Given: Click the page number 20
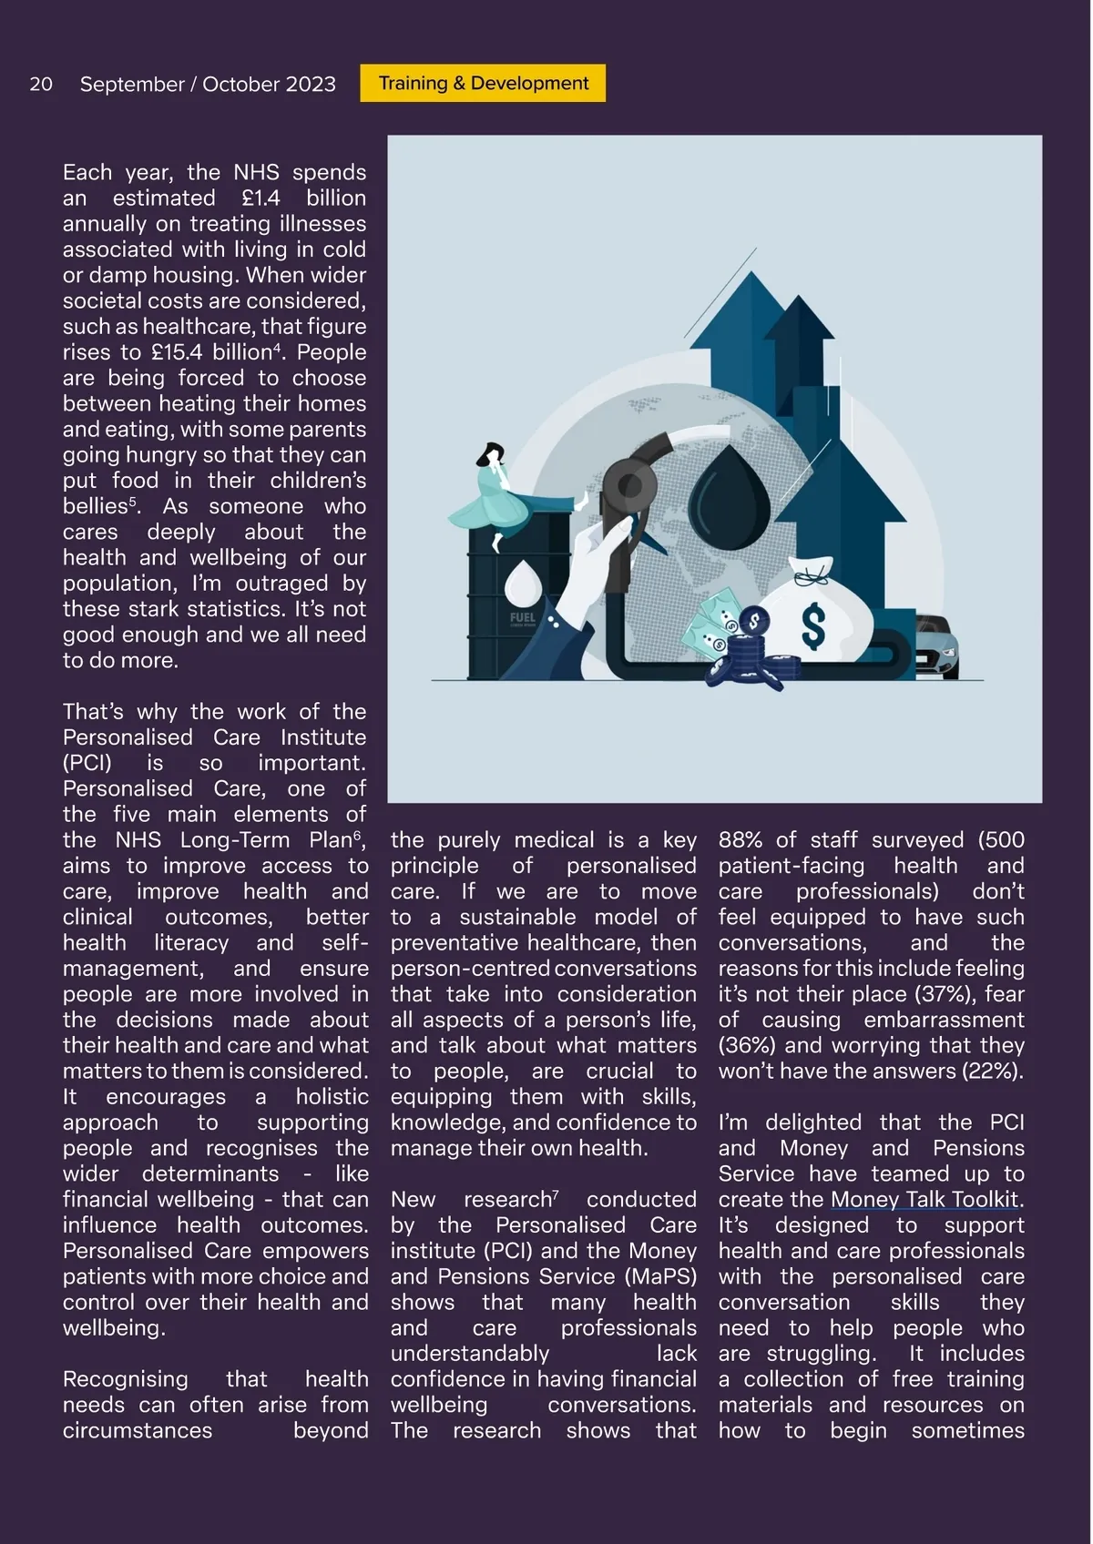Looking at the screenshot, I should point(41,84).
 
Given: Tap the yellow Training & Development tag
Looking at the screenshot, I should point(483,83).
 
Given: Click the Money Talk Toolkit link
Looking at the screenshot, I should point(924,1200).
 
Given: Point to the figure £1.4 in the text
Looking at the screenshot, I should point(260,198).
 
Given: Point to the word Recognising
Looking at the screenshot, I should point(126,1379).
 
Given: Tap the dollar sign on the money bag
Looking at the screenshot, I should point(813,626).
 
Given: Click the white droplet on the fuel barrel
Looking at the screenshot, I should point(522,581).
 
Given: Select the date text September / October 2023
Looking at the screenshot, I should point(208,84).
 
